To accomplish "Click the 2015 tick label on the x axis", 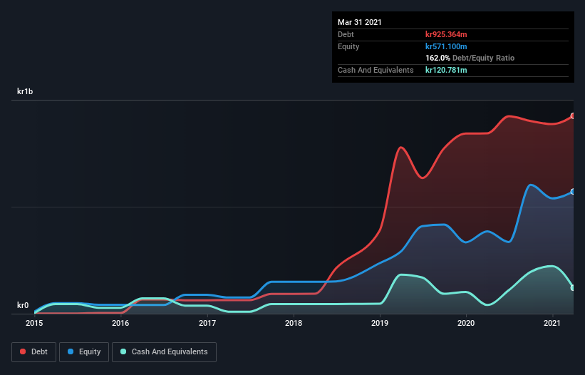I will point(34,323).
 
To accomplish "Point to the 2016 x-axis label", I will point(120,323).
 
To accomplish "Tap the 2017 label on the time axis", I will point(207,323).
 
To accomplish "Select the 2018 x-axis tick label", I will point(294,323).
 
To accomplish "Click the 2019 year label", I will point(380,323).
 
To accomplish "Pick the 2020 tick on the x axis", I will point(466,323).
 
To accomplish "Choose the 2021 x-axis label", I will point(552,323).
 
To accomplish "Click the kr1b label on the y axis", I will point(26,91).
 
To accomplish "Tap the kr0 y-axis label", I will point(23,305).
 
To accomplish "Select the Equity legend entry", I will point(85,351).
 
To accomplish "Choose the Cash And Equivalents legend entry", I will point(164,351).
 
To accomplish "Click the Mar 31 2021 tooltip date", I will point(360,22).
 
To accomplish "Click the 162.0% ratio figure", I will point(437,58).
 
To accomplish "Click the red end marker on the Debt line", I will point(573,115).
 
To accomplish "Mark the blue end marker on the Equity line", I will point(573,192).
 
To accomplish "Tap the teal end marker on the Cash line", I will point(573,287).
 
